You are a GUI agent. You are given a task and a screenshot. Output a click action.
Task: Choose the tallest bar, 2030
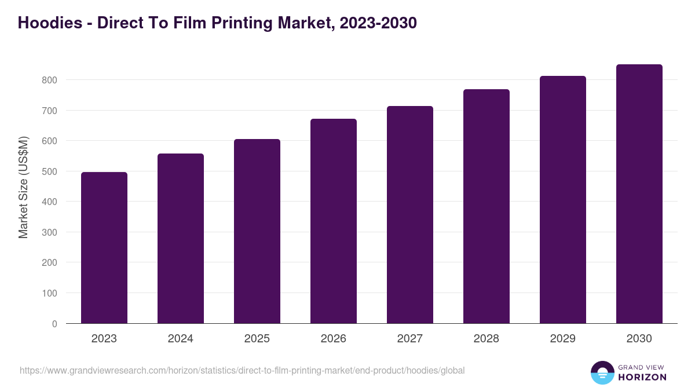[639, 194]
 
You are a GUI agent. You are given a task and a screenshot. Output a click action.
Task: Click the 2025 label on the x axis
[257, 339]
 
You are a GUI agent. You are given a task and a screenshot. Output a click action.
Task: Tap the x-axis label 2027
[410, 339]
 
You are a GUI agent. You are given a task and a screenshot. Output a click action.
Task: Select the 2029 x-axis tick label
[563, 339]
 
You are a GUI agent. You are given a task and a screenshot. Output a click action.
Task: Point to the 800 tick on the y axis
[50, 80]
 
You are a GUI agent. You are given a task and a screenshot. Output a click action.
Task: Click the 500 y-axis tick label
[50, 171]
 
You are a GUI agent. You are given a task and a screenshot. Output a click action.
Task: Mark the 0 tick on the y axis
[54, 324]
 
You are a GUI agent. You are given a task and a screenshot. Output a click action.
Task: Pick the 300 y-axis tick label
[50, 232]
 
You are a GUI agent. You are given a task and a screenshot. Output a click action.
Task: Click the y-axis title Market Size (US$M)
[23, 188]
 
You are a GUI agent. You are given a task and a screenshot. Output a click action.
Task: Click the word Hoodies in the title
[50, 23]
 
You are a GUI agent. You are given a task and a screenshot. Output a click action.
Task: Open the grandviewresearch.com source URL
[242, 370]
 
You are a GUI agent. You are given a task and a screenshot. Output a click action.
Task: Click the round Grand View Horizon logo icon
[602, 372]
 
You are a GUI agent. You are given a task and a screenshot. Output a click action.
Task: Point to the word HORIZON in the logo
[642, 377]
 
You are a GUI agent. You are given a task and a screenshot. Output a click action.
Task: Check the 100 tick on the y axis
[50, 293]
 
